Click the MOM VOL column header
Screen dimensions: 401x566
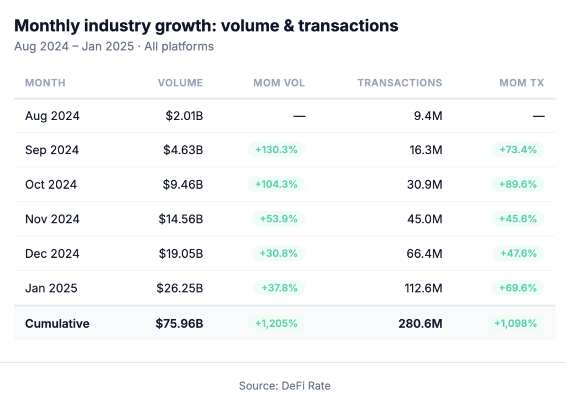279,83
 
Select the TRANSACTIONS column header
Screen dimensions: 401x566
400,83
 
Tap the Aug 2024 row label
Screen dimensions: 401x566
53,116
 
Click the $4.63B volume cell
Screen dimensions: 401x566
184,150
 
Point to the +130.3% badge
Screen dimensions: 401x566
276,150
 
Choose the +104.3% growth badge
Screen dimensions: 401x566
276,184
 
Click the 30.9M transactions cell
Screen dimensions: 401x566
424,184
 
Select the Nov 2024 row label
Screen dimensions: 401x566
53,219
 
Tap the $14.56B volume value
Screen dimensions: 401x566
181,219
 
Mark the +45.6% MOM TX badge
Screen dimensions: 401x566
518,219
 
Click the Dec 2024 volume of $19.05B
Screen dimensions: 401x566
181,253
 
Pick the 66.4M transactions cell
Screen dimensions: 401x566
424,253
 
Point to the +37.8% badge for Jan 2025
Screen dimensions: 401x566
279,288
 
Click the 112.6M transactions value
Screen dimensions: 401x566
421,288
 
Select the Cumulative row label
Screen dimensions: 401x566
57,324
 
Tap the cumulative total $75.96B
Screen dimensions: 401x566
179,324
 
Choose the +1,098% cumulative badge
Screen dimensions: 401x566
515,324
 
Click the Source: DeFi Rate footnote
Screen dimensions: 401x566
285,386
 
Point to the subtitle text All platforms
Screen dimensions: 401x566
179,46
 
